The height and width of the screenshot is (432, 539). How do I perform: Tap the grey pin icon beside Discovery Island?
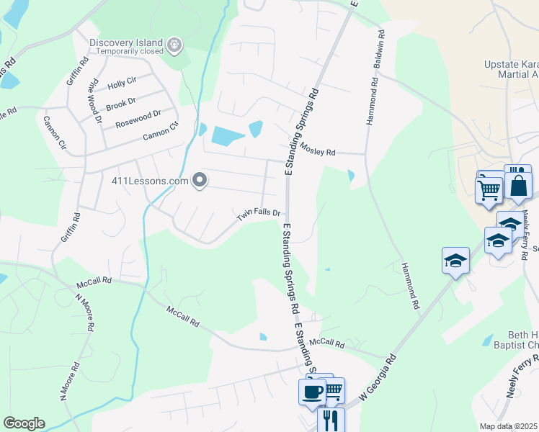click(x=174, y=45)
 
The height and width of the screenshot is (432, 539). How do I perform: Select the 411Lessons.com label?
click(x=150, y=181)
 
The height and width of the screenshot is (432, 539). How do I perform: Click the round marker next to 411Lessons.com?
click(x=199, y=180)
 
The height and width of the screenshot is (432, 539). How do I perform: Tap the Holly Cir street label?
click(x=121, y=85)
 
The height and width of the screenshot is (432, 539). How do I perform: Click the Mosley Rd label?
click(x=318, y=150)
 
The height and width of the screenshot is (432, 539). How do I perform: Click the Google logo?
click(x=24, y=423)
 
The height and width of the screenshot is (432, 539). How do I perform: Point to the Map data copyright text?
click(x=509, y=426)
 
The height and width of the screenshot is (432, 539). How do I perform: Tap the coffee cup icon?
click(x=312, y=392)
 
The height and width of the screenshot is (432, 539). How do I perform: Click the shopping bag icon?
click(x=518, y=185)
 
